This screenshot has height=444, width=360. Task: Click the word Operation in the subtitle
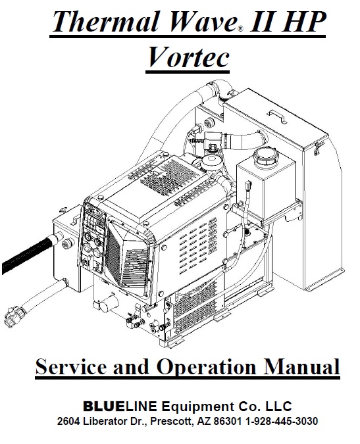206,368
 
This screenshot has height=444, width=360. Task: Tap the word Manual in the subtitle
302,366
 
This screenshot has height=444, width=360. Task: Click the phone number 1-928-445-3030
281,421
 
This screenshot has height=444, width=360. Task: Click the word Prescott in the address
172,422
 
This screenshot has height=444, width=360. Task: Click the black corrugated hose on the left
27,255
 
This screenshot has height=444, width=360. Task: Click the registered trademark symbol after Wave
240,29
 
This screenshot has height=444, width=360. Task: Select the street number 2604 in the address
68,421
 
